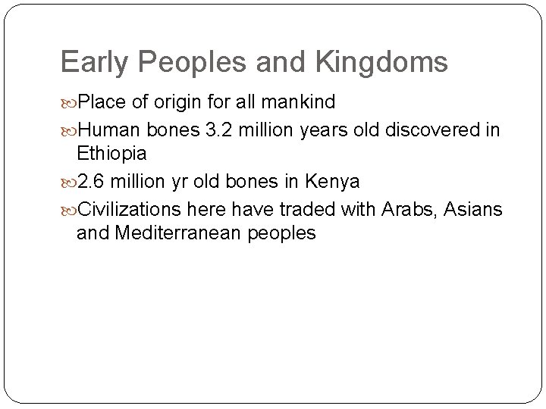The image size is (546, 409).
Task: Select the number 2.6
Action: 93,183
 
